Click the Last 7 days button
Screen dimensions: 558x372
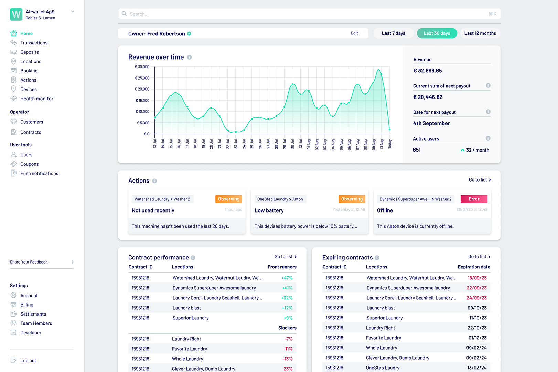[393, 33]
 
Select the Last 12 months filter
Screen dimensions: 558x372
[480, 33]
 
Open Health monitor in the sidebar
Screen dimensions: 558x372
[36, 99]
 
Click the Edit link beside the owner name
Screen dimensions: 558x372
[354, 33]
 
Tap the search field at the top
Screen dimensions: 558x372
[309, 14]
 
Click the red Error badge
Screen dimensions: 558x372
[474, 199]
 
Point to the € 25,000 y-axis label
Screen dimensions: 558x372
[142, 78]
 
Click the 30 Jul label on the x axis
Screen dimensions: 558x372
[292, 144]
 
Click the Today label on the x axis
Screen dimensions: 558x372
[390, 144]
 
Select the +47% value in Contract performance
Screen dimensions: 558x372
[287, 278]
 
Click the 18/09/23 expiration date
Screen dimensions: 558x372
[477, 278]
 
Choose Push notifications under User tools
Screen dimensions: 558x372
[39, 173]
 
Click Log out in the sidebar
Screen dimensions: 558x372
[28, 361]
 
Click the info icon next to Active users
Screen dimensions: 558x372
[488, 138]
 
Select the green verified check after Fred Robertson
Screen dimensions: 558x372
[189, 34]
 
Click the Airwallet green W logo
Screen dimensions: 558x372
[16, 14]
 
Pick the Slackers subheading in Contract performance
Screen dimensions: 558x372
[287, 328]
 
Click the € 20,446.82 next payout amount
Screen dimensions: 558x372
[428, 97]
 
